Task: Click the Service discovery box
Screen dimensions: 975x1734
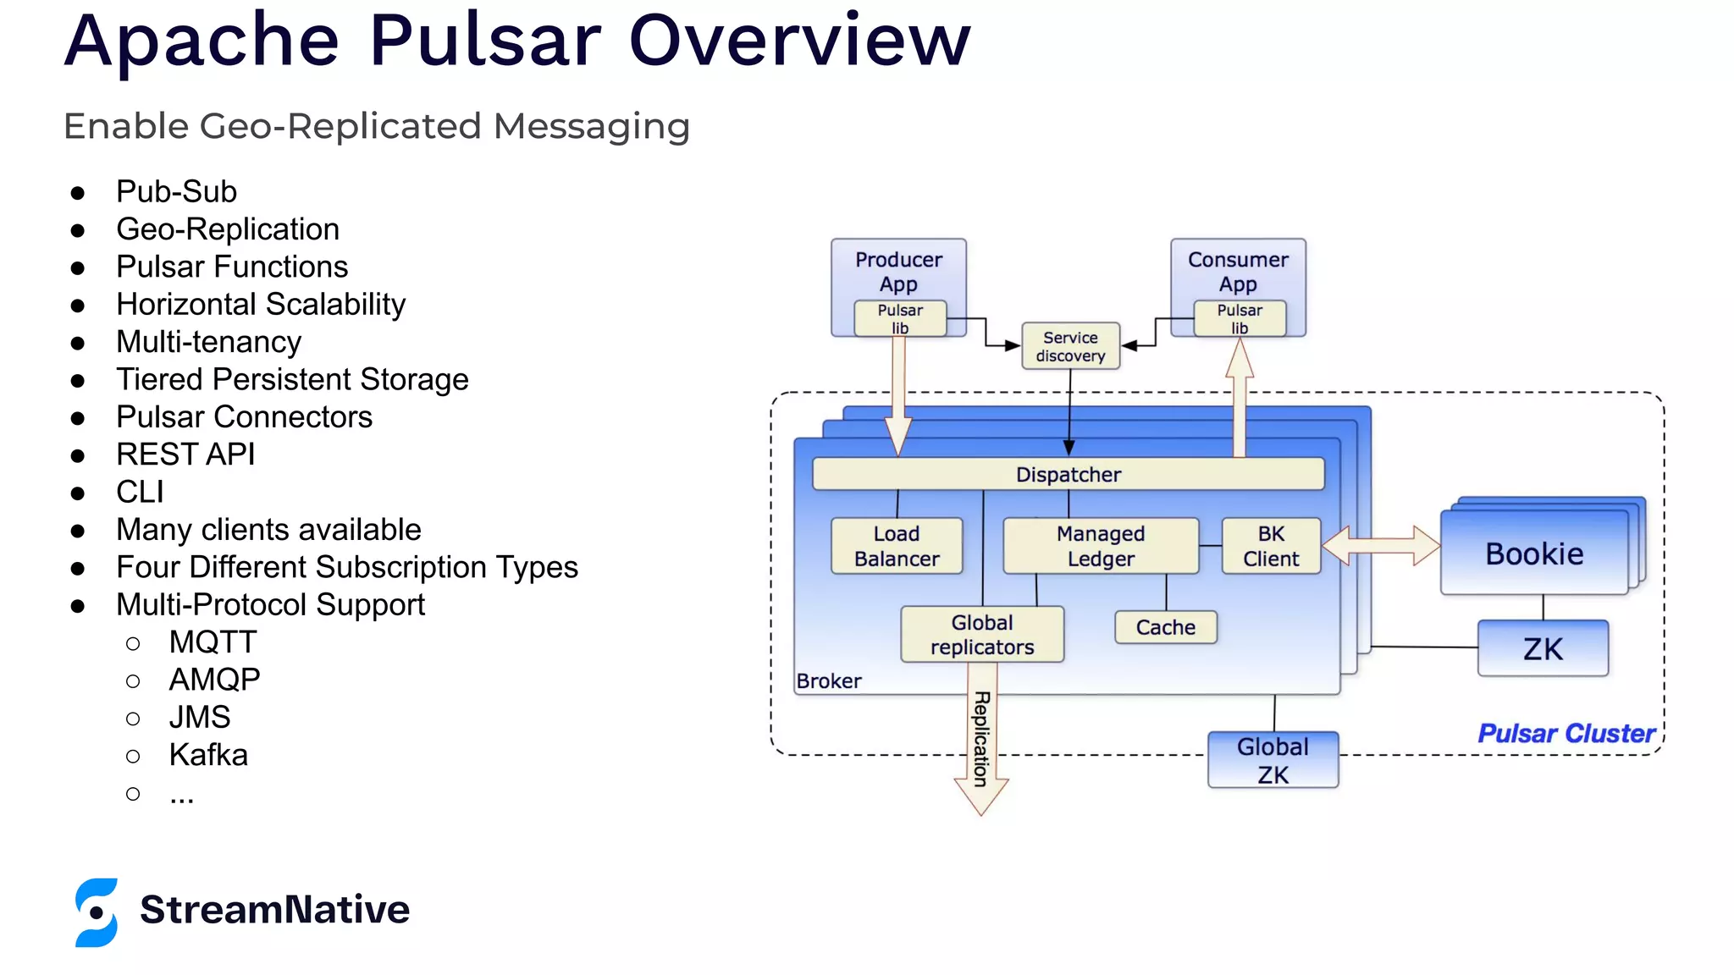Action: (x=1070, y=346)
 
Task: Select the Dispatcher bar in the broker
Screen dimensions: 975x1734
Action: (x=1068, y=474)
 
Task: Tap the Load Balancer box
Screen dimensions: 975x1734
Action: (x=897, y=546)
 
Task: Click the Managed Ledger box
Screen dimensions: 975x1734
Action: (x=1100, y=546)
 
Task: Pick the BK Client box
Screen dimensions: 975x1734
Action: (x=1271, y=546)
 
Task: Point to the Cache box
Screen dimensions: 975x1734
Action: (x=1165, y=627)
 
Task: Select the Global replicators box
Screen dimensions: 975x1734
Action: (x=982, y=634)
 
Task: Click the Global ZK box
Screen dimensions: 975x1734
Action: (x=1273, y=760)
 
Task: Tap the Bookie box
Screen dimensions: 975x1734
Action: (x=1533, y=554)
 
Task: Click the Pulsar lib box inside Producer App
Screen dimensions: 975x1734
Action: (x=899, y=319)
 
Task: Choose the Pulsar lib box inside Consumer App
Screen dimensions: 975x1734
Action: (x=1240, y=319)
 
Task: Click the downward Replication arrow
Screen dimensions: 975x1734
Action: (x=981, y=745)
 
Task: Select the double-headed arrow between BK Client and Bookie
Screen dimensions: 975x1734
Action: (x=1380, y=546)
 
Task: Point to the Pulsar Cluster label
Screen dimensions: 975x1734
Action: (x=1566, y=733)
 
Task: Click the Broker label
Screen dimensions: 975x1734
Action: (x=828, y=681)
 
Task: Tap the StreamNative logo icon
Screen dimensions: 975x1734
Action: (x=97, y=912)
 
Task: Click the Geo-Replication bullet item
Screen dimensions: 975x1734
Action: (x=227, y=229)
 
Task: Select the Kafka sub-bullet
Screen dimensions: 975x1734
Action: (x=208, y=755)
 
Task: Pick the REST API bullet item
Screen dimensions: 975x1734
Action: (x=185, y=454)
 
